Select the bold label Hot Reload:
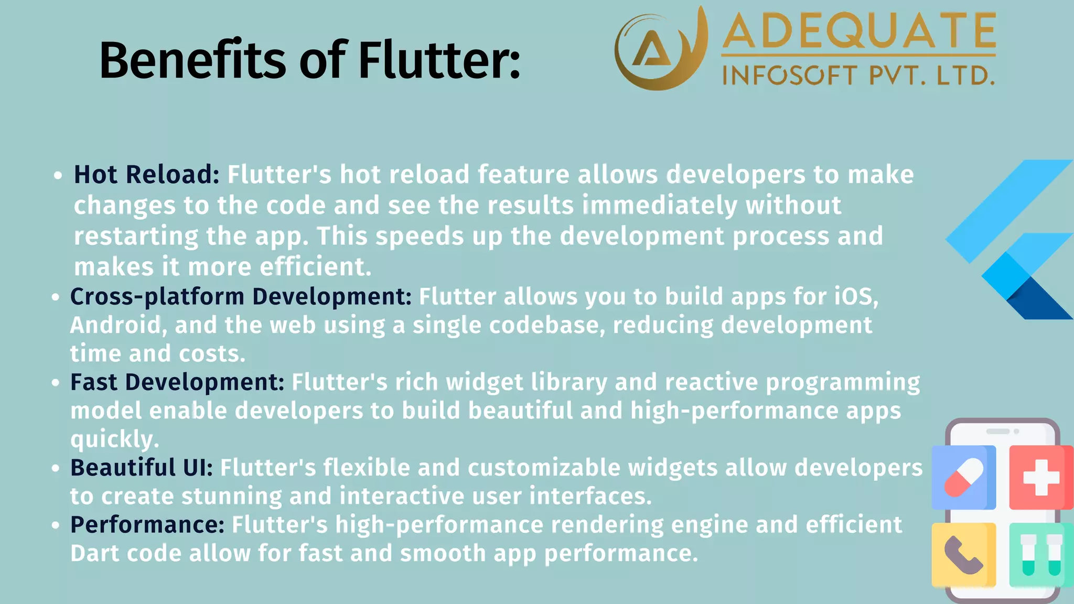[146, 175]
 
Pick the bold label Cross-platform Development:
[241, 297]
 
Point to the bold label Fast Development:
[177, 382]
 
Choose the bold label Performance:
[147, 525]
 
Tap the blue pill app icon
[963, 477]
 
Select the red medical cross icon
[1040, 477]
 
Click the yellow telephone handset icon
[963, 555]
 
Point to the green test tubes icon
[1040, 555]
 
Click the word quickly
[114, 439]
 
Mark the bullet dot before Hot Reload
[58, 176]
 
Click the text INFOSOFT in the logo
[789, 76]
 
